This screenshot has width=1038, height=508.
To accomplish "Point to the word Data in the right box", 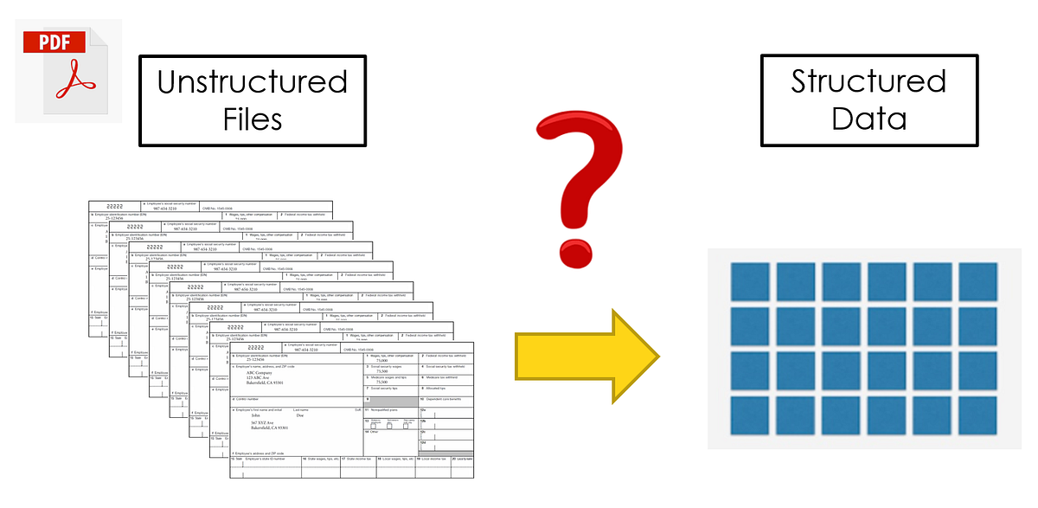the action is click(868, 118).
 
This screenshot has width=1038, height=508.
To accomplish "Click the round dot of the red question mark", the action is click(578, 250).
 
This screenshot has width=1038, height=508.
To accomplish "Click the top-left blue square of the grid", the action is click(749, 280).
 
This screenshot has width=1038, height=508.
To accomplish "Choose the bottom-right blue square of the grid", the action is click(977, 415).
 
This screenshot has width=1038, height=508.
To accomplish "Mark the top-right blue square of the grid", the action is click(977, 280).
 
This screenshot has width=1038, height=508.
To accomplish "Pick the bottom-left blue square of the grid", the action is click(749, 415).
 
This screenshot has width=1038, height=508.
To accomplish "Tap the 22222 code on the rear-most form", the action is click(115, 207).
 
